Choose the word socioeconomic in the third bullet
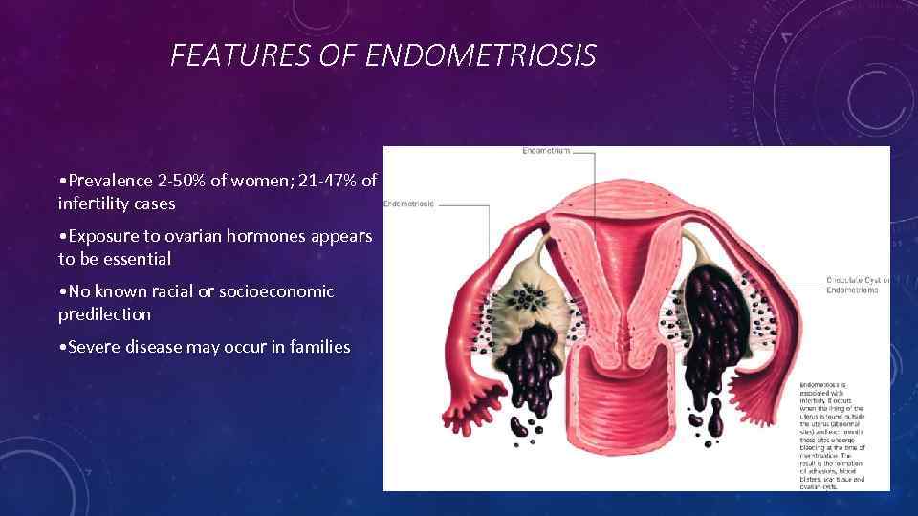click(x=270, y=291)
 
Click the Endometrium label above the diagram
click(x=546, y=151)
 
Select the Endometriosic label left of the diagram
click(x=408, y=204)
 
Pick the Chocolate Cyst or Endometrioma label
click(x=858, y=285)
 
